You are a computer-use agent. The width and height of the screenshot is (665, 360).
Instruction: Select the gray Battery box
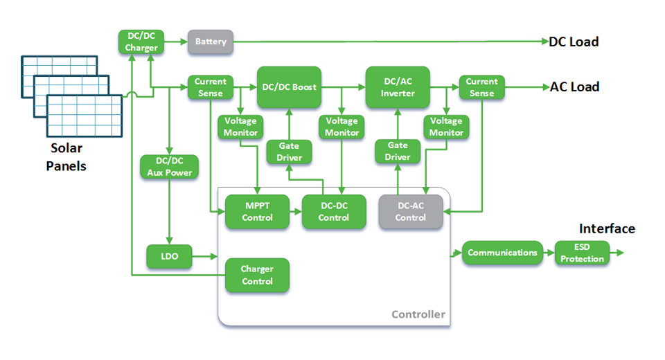(x=211, y=42)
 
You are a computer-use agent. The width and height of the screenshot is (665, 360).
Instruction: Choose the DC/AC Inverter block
(x=398, y=87)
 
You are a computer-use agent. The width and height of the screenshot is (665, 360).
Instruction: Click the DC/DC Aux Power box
(x=169, y=167)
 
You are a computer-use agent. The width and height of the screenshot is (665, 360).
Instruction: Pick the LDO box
(x=170, y=256)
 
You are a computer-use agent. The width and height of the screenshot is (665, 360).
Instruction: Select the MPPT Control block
(x=258, y=212)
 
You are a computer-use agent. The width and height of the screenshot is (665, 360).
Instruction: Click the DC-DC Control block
(x=334, y=212)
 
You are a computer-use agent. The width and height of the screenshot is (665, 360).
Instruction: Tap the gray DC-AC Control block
(x=410, y=212)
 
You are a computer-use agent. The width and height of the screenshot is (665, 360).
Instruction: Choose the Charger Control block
(x=257, y=275)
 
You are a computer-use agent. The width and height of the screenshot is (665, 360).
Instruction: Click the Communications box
(x=502, y=253)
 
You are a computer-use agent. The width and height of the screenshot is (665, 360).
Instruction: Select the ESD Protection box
(x=583, y=253)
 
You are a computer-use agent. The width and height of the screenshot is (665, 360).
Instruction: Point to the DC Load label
(x=574, y=42)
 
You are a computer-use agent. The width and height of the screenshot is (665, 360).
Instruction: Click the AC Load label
(x=574, y=87)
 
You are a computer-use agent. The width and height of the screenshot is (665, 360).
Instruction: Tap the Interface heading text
(x=607, y=229)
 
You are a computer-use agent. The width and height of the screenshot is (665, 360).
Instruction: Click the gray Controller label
(x=418, y=314)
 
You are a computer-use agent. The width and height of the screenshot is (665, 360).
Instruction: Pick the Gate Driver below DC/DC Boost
(x=289, y=152)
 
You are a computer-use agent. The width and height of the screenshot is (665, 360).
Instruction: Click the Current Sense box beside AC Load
(x=481, y=87)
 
